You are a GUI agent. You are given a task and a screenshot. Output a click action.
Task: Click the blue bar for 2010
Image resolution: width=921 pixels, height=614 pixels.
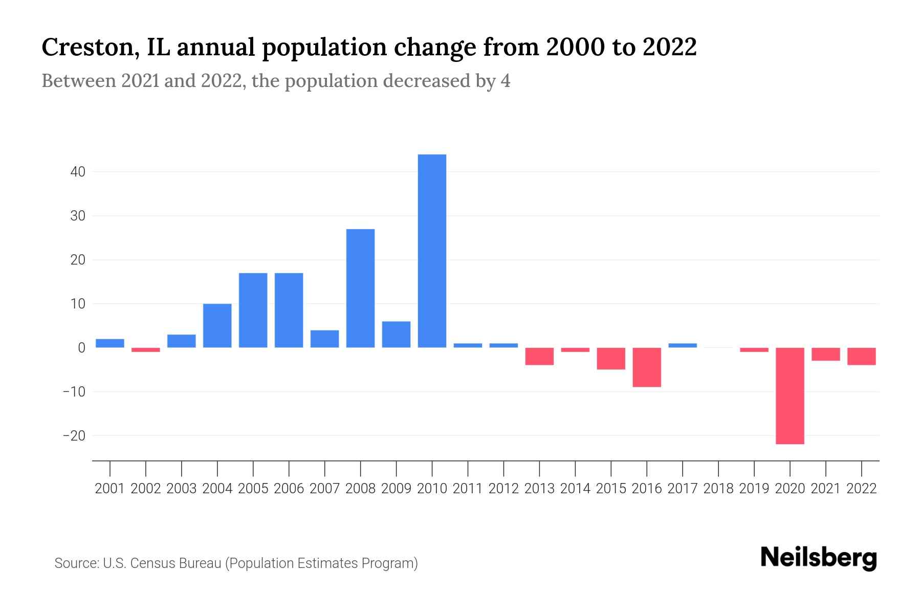pos(432,251)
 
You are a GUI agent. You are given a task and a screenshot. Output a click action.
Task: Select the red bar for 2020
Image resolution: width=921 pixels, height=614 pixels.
pos(790,396)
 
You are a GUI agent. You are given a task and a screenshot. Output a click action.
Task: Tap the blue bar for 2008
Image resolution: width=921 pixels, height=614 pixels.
pos(360,288)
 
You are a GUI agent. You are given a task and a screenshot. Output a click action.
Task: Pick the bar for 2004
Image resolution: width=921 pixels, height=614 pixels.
pos(217,325)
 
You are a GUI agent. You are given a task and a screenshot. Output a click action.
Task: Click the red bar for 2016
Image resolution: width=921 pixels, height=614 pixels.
pos(647,367)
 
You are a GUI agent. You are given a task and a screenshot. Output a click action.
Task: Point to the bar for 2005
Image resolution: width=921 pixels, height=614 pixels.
pos(253,310)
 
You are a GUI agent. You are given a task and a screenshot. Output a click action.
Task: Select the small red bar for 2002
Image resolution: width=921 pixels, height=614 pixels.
pos(146,350)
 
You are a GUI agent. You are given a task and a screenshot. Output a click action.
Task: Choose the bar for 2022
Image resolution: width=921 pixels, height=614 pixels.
pos(862,356)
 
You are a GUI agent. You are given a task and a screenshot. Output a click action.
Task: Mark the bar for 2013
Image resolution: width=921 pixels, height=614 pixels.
pos(539,356)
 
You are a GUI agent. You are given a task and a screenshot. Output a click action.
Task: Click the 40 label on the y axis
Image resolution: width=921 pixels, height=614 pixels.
pos(78,172)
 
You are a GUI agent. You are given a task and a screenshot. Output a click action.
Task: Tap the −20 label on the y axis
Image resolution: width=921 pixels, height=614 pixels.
pos(74,436)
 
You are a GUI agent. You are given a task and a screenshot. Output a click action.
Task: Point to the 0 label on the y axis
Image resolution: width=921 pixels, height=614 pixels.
pos(82,348)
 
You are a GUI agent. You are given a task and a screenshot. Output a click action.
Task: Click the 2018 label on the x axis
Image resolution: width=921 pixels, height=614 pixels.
pos(718,489)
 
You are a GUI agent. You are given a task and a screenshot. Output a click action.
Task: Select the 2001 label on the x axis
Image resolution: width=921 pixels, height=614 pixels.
pos(110,489)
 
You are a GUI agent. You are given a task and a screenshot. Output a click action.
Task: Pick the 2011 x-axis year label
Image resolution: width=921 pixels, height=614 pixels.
pos(468,489)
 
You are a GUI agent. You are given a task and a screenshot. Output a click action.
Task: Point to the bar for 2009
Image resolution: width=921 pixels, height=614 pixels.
pos(396,335)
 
